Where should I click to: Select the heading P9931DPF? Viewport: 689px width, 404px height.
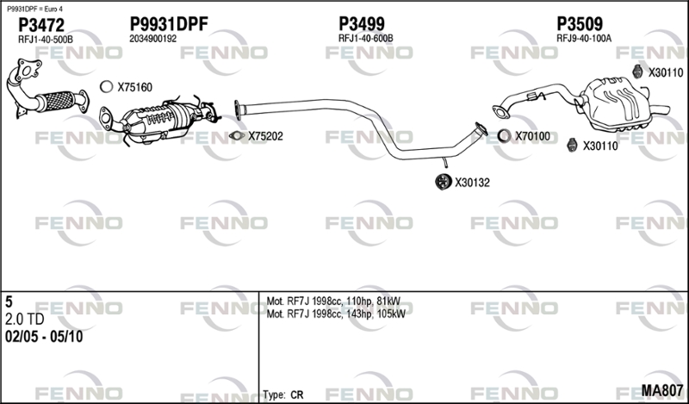[x=169, y=24]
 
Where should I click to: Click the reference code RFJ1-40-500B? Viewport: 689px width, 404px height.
[x=46, y=40]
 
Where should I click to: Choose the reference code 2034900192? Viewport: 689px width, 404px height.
[x=153, y=40]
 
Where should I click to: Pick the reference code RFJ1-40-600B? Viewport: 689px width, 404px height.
[x=365, y=40]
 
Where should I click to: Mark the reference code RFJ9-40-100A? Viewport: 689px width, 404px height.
[x=584, y=40]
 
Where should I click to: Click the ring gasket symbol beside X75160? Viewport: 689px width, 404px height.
[x=106, y=86]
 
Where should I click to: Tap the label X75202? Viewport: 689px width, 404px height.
[x=265, y=136]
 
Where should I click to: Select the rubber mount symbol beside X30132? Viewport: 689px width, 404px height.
[x=441, y=182]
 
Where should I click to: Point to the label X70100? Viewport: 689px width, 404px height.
[x=532, y=136]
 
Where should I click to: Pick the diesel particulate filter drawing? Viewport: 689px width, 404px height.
[x=164, y=121]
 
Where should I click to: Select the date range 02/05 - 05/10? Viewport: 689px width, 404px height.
[x=44, y=337]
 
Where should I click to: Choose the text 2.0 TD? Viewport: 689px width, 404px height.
[x=25, y=320]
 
